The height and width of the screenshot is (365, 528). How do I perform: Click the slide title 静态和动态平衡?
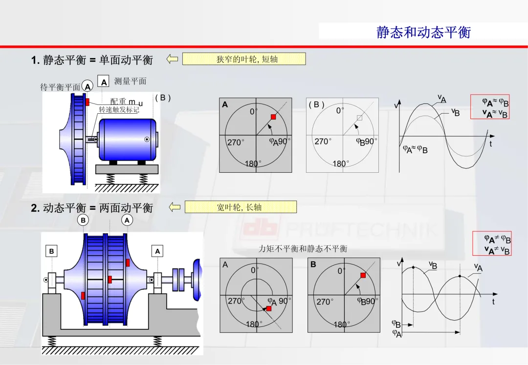[423, 32]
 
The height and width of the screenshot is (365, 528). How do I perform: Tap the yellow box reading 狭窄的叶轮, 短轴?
[244, 59]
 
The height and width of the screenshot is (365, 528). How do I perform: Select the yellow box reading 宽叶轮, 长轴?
[241, 207]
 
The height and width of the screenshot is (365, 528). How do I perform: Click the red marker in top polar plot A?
[273, 117]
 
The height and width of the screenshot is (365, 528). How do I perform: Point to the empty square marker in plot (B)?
[359, 118]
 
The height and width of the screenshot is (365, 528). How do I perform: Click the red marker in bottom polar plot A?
[269, 308]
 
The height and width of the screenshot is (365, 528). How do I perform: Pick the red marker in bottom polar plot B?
[363, 275]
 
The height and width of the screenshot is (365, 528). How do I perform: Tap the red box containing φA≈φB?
[490, 107]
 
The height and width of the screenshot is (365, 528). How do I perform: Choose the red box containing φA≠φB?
[492, 243]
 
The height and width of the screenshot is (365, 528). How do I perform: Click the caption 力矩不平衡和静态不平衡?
[303, 249]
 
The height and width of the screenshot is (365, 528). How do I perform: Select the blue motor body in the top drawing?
[127, 140]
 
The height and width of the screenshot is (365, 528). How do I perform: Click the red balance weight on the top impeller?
[87, 102]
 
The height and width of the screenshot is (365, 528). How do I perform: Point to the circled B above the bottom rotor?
[83, 221]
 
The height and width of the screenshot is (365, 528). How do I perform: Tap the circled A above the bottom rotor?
[127, 221]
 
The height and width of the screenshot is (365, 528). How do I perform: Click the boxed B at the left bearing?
[51, 251]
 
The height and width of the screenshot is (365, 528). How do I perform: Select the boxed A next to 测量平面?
[103, 81]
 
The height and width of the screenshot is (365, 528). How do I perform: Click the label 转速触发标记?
[119, 110]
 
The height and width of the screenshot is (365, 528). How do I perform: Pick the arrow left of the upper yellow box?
[172, 59]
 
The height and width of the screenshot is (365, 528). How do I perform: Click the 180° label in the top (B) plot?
[341, 163]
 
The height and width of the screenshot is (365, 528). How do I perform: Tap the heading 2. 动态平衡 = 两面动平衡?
[92, 208]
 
